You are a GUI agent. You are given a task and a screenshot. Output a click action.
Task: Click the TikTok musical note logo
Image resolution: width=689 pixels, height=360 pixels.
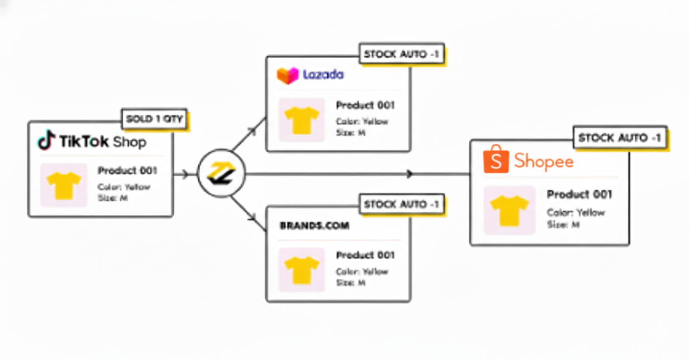coord(46,140)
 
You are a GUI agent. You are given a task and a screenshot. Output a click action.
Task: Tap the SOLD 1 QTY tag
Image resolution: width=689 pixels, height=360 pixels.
coord(154,119)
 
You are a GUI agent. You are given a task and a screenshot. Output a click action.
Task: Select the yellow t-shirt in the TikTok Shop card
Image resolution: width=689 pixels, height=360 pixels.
coord(64,185)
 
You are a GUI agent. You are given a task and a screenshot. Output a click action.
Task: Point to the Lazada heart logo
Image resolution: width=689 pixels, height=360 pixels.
coord(287,75)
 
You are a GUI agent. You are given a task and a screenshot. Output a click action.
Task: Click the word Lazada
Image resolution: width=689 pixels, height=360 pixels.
coord(323,75)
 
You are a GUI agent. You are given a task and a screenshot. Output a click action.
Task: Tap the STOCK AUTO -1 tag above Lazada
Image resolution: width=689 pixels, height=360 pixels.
coord(401,54)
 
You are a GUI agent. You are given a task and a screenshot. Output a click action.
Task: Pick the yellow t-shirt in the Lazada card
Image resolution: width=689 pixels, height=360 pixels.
coord(301,120)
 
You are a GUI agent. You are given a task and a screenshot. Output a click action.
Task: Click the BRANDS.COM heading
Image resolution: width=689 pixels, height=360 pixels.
coord(315,225)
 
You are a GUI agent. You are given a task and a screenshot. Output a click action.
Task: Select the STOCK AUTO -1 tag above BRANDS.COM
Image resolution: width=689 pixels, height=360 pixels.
coord(401,203)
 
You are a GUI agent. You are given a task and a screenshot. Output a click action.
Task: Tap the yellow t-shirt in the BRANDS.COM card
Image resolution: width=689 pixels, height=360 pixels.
coord(301,270)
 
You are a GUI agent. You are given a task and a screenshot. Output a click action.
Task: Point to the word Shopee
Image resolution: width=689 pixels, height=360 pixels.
coord(544,161)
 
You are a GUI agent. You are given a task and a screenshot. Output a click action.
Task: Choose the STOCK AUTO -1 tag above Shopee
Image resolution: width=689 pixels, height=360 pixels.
coord(620,137)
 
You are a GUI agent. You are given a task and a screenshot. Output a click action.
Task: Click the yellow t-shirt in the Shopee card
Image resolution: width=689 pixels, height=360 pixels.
coord(509,210)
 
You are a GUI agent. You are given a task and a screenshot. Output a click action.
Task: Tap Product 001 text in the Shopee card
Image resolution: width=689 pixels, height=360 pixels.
coord(579,195)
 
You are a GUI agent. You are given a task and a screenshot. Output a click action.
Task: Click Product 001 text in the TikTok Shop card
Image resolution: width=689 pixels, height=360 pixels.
coord(127,171)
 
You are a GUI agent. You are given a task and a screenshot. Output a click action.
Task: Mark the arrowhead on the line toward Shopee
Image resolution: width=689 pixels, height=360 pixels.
coord(410,174)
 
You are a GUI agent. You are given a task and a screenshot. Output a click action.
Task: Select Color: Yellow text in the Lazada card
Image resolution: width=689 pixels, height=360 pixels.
coord(362,121)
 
